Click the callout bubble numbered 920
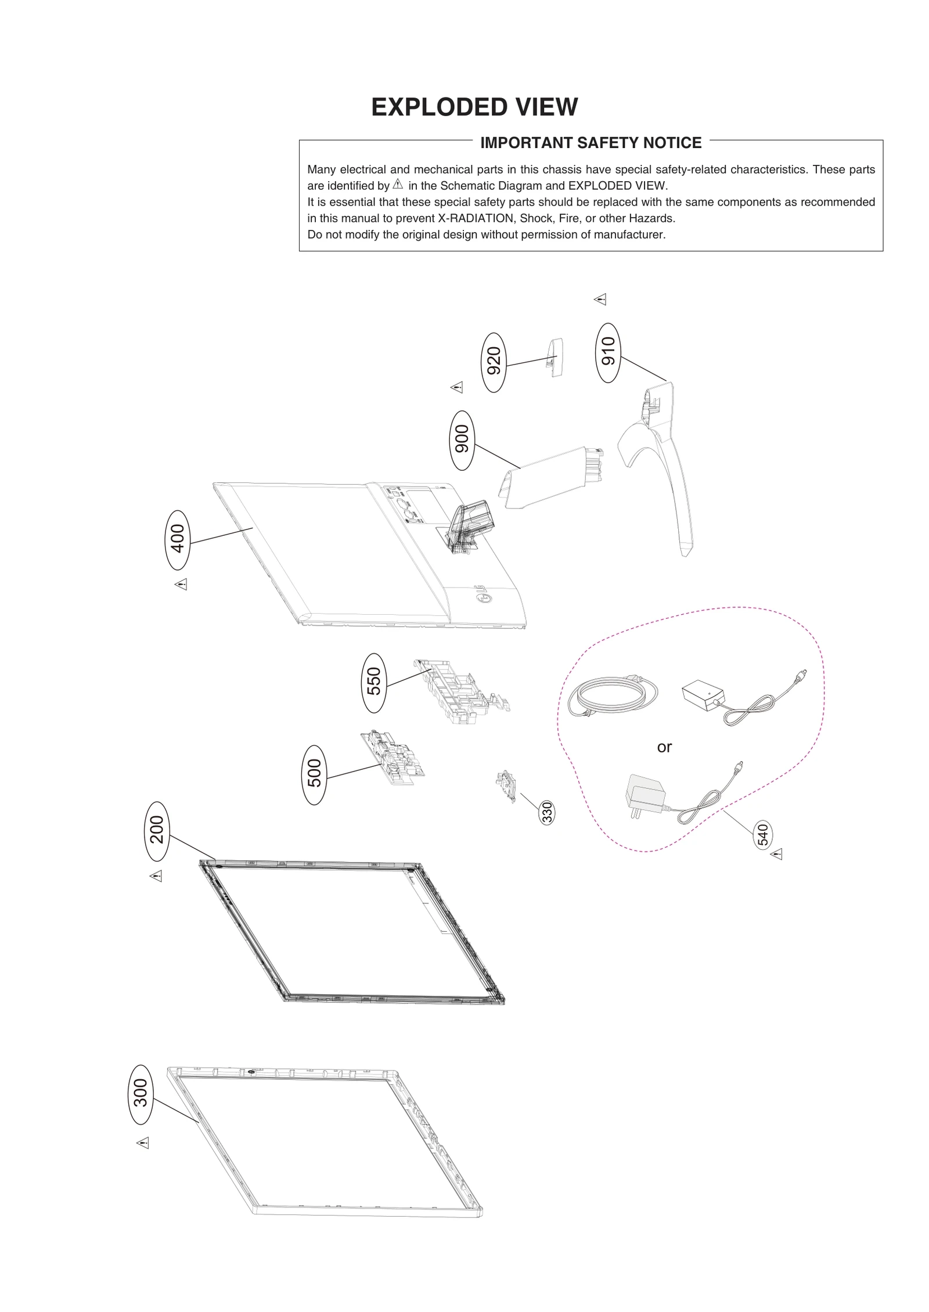click(494, 362)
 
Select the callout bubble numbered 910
click(608, 352)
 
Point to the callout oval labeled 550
click(374, 683)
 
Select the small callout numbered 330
click(546, 812)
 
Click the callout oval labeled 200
click(157, 831)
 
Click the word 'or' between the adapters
click(664, 747)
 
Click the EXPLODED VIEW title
click(474, 107)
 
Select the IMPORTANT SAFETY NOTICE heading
click(590, 143)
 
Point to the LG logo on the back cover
click(482, 596)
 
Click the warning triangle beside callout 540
click(777, 854)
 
